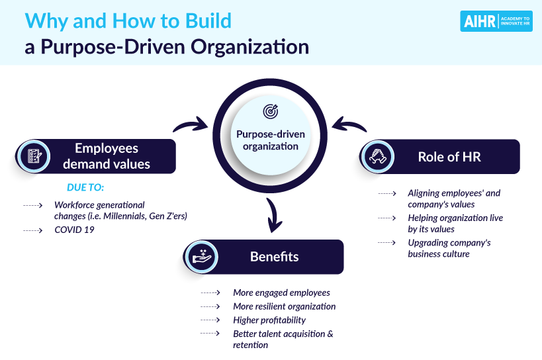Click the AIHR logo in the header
pos(496,21)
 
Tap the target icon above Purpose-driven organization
pos(271,111)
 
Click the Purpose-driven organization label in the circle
pos(271,140)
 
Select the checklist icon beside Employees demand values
pos(32,156)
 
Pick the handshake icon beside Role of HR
pos(378,156)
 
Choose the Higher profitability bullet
pos(269,320)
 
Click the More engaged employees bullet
pos(281,292)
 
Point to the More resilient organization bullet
pos(284,306)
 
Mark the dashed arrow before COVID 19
pos(32,230)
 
